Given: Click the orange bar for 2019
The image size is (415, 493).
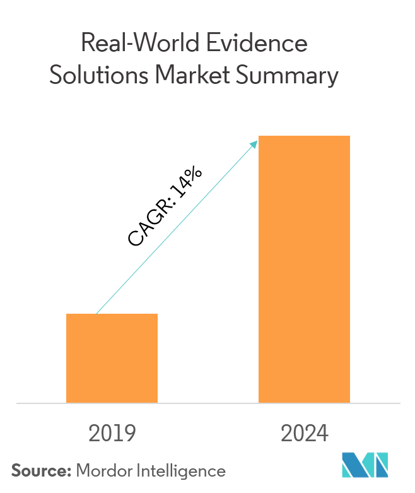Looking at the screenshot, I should (x=112, y=358).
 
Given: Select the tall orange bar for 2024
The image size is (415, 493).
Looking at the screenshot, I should (x=304, y=269).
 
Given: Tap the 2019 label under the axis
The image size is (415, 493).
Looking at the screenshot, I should (x=112, y=434).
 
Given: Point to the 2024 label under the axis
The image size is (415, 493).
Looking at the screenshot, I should (x=305, y=434).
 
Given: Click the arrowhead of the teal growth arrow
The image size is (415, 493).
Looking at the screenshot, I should (x=255, y=143).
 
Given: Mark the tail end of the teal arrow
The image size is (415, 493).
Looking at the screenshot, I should (x=96, y=313).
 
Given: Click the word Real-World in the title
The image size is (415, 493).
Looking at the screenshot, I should (x=136, y=44).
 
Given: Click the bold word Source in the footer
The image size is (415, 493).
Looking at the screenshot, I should (x=41, y=470).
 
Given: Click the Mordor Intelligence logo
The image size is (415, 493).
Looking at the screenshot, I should (x=365, y=465).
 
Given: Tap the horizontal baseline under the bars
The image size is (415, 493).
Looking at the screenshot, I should (x=208, y=403).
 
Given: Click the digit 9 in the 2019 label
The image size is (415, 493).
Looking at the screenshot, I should (x=130, y=434).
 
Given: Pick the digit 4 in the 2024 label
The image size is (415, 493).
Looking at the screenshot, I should (x=322, y=434).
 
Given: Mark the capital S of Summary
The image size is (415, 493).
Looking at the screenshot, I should (x=245, y=76).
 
